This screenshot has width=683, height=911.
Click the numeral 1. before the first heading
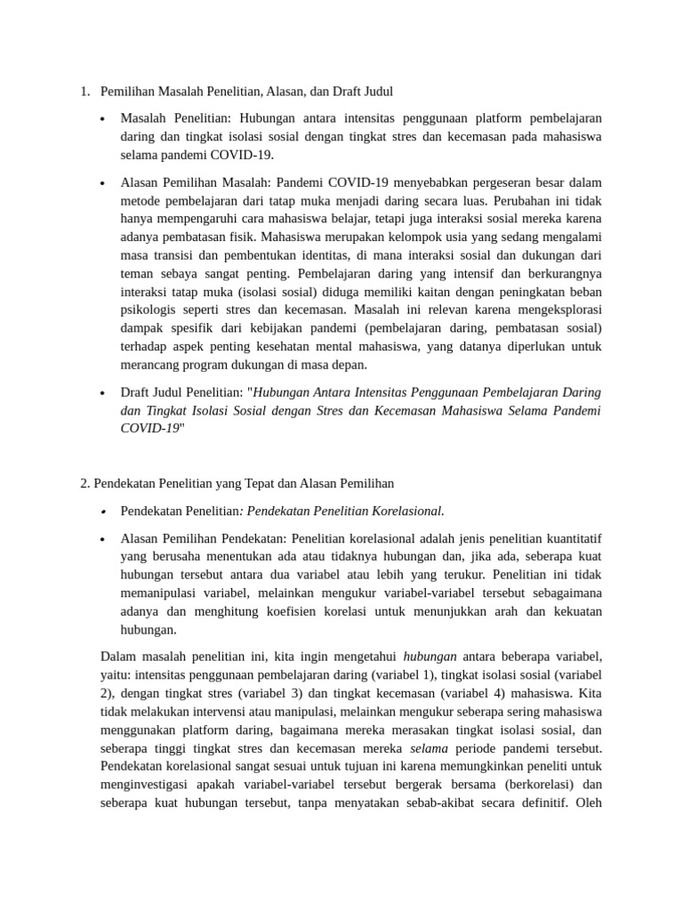pyautogui.click(x=84, y=91)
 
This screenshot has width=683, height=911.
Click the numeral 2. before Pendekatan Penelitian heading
pyautogui.click(x=85, y=483)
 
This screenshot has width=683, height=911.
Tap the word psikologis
pyautogui.click(x=148, y=311)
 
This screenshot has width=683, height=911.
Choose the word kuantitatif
pyautogui.click(x=569, y=538)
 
